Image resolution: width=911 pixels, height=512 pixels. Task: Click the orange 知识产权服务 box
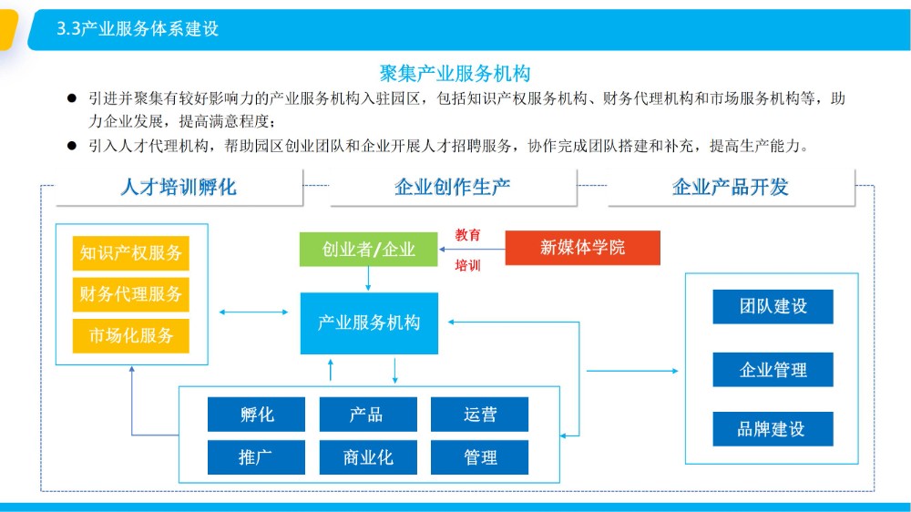[130, 252]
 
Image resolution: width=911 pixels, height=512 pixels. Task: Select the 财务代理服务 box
[130, 294]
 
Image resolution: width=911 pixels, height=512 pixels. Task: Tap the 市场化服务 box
[130, 335]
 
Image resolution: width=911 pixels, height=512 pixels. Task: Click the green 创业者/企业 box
[368, 250]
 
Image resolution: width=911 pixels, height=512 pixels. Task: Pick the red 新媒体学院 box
[583, 248]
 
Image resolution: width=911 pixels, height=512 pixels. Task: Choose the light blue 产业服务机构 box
[369, 323]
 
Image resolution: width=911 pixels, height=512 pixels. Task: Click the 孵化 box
[256, 415]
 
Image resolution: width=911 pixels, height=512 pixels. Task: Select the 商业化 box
[368, 457]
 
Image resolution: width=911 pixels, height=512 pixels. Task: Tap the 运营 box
[479, 415]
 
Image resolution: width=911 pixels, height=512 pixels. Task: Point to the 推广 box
[256, 457]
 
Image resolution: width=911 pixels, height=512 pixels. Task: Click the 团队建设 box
[773, 306]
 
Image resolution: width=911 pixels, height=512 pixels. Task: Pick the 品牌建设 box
[773, 429]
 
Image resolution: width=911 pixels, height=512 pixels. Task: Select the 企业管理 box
[773, 370]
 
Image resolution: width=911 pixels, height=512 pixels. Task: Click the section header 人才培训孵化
[179, 187]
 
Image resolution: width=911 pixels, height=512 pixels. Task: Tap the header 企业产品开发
[731, 187]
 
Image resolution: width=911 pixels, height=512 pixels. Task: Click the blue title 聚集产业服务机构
[455, 73]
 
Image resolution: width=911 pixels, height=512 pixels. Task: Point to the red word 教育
[467, 235]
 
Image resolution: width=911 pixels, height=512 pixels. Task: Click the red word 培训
[467, 266]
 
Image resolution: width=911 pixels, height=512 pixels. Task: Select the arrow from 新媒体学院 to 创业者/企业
[472, 250]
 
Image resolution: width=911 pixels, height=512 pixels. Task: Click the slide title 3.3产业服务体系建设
[138, 28]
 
